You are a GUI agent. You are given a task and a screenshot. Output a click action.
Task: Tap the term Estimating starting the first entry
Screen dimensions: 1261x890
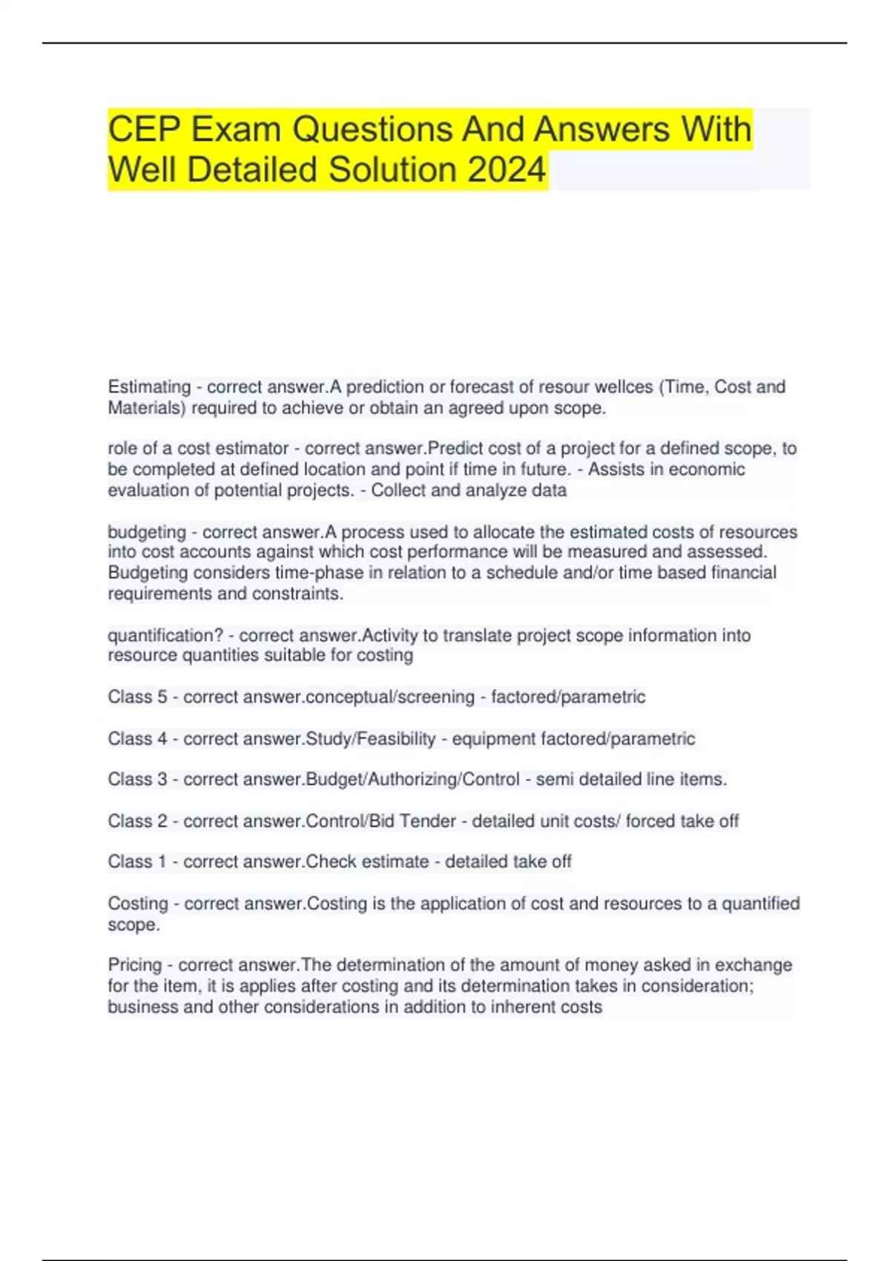(149, 387)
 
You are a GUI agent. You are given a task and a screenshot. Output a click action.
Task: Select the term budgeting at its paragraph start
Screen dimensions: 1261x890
(147, 532)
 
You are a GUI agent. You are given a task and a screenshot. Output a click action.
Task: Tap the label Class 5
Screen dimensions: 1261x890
(137, 697)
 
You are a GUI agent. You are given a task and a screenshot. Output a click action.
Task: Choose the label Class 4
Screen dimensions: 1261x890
(137, 739)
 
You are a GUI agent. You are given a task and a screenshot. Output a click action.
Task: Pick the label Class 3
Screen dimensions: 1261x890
(137, 780)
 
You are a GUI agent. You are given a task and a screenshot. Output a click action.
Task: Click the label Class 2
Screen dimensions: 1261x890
(137, 821)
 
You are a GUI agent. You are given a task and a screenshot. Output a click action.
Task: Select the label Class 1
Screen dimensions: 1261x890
(137, 862)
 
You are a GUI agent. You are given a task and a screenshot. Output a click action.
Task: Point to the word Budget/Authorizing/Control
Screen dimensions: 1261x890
(412, 780)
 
